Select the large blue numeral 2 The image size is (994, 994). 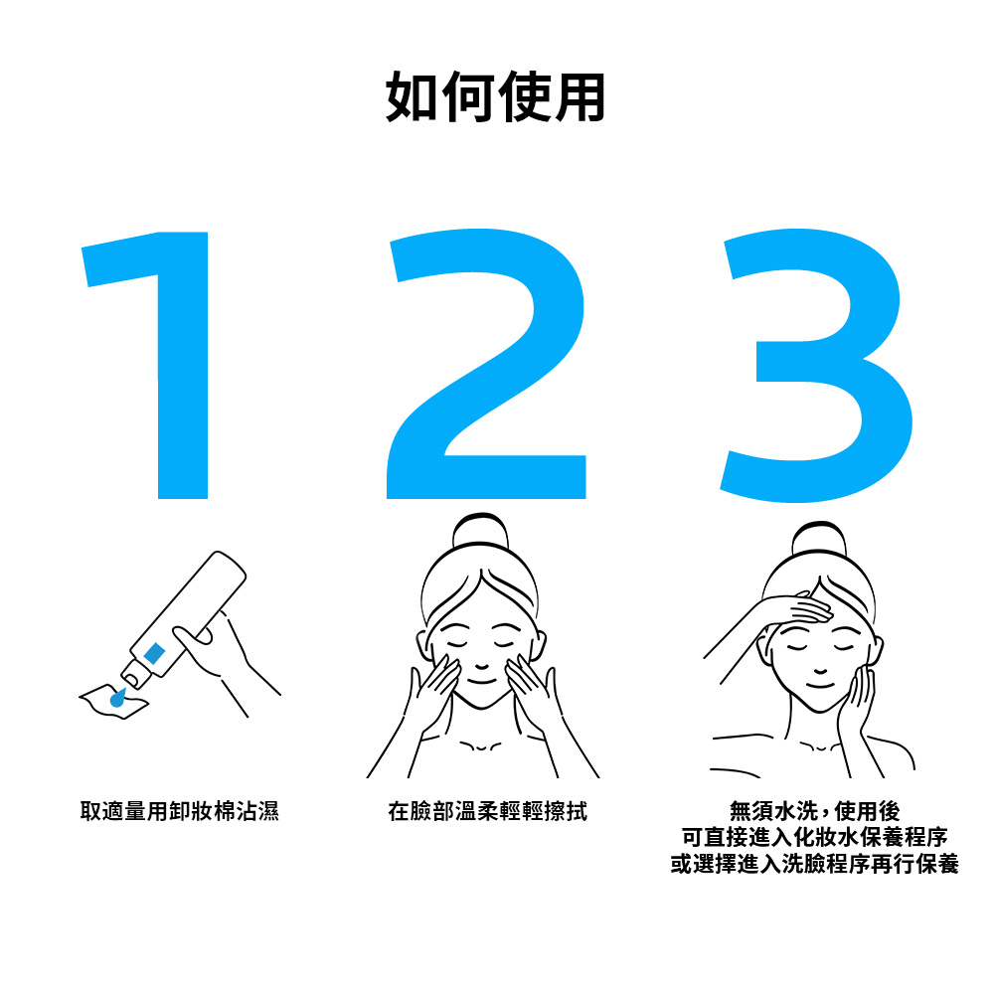pyautogui.click(x=487, y=368)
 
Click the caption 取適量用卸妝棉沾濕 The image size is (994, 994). pyautogui.click(x=179, y=812)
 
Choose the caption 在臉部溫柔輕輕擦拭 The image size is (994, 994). pyautogui.click(x=487, y=812)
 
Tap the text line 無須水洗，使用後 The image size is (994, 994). pyautogui.click(x=814, y=812)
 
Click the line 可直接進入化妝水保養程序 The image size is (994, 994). pyautogui.click(x=814, y=838)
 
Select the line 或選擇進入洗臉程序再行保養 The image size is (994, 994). pyautogui.click(x=814, y=865)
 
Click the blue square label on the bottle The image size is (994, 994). pyautogui.click(x=154, y=653)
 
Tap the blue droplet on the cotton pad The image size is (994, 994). pyautogui.click(x=118, y=699)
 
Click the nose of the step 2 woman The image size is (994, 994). pyautogui.click(x=480, y=662)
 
